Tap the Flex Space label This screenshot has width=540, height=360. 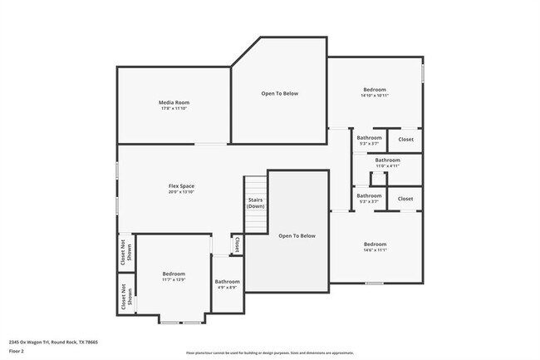(x=181, y=185)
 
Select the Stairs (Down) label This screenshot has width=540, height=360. (x=256, y=203)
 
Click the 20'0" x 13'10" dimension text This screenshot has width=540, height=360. (x=181, y=192)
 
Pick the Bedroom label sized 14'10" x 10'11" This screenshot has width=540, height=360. (x=375, y=89)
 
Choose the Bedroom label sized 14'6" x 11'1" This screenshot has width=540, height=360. (x=375, y=244)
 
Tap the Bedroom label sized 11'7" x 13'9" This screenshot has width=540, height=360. (x=174, y=274)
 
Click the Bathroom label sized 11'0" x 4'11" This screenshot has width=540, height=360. (x=387, y=160)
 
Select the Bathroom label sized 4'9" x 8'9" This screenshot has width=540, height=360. (x=227, y=282)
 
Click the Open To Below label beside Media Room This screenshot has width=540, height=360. (x=279, y=93)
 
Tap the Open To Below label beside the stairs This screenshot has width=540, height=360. (x=297, y=236)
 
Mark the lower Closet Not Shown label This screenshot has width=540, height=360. (x=124, y=297)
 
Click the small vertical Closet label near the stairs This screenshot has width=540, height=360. (x=237, y=244)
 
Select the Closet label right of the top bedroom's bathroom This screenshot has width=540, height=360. (x=405, y=139)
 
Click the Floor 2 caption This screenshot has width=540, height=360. (x=17, y=352)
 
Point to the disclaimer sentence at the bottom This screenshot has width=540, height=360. (x=270, y=353)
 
